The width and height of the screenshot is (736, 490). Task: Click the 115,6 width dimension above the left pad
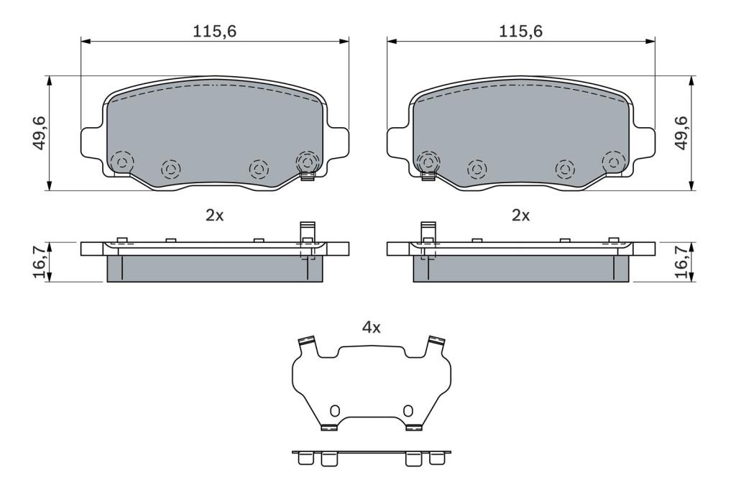pos(215,32)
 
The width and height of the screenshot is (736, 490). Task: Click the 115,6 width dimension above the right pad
pos(520,32)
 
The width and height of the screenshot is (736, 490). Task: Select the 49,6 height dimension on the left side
pos(40,134)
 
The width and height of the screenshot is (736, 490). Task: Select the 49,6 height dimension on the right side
pos(681,134)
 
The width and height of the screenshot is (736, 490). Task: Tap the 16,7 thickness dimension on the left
pos(40,262)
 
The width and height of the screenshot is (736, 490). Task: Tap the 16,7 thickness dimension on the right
pos(681,262)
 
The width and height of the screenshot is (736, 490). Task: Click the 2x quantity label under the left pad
pos(215,216)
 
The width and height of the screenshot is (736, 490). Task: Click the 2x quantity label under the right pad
pos(520,216)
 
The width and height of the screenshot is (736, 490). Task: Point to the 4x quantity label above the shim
pos(372,327)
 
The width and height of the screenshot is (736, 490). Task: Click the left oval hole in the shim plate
pos(335,411)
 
